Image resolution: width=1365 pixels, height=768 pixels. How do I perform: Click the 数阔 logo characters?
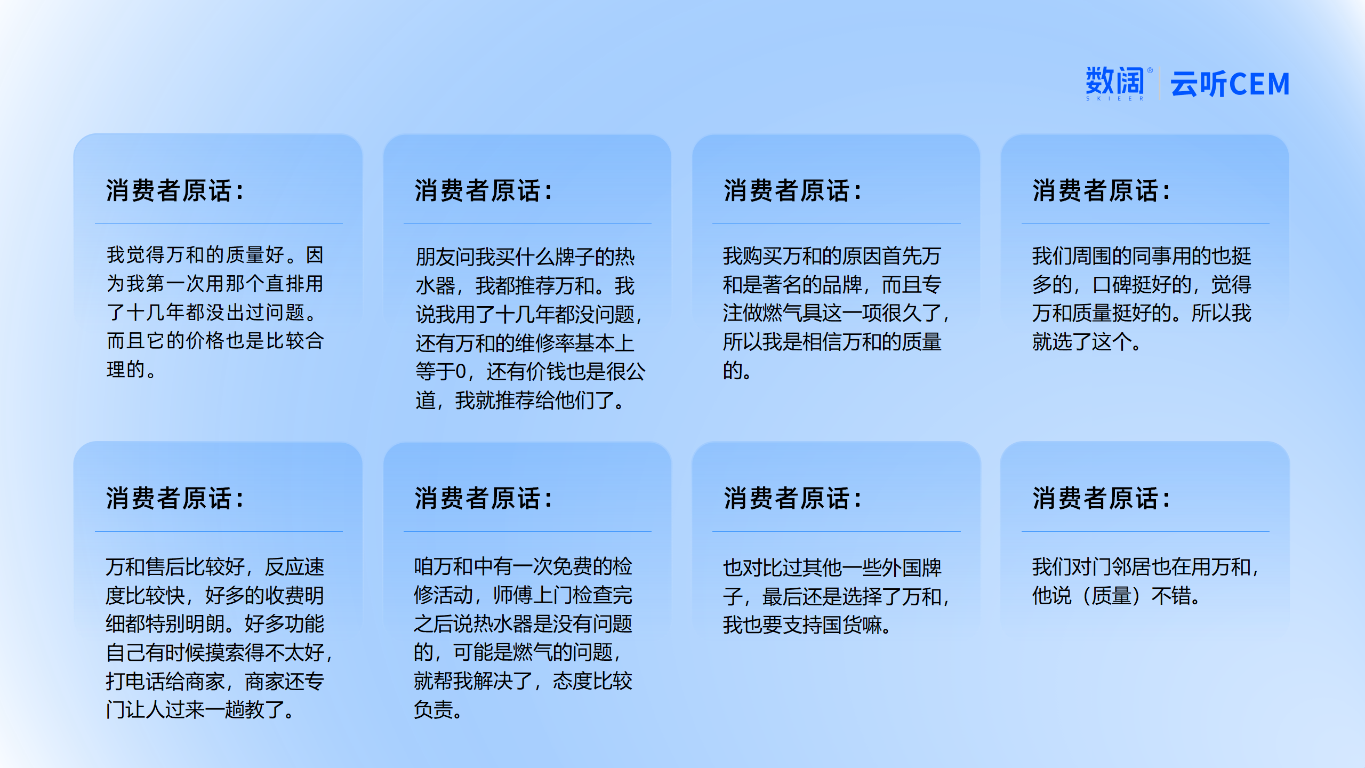tap(1115, 81)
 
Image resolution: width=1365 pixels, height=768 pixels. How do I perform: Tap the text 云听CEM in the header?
tap(1230, 84)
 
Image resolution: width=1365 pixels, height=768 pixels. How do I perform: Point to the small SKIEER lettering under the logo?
tap(1115, 99)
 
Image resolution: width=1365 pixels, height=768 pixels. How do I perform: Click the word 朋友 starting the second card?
tap(436, 257)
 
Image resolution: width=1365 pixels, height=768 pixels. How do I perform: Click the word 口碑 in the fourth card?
tap(1112, 285)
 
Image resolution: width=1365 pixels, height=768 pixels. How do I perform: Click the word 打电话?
tap(135, 682)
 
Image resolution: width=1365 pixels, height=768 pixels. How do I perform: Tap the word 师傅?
tap(513, 595)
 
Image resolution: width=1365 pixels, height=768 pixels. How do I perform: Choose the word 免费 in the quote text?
tap(572, 566)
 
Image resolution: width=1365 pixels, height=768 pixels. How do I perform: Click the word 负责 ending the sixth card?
tap(433, 710)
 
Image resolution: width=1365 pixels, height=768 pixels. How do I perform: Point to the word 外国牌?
tap(912, 568)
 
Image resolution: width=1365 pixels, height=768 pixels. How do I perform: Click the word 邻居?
tap(1131, 566)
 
